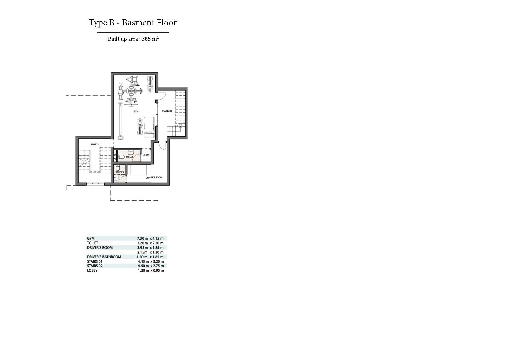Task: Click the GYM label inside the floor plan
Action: [x=136, y=112]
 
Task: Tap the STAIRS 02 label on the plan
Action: [x=167, y=111]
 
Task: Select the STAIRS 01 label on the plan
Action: [x=95, y=145]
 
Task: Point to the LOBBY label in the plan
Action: [x=146, y=155]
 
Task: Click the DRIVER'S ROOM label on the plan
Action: [x=154, y=178]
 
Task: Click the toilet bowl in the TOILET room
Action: [x=121, y=157]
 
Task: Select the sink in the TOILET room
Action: [x=131, y=152]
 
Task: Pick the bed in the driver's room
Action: [x=137, y=170]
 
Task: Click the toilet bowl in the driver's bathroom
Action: [x=118, y=167]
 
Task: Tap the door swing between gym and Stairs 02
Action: [x=161, y=96]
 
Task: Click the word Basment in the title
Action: [x=137, y=22]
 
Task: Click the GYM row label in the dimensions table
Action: [x=91, y=238]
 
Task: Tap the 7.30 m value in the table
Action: [x=142, y=238]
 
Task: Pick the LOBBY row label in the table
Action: [x=92, y=271]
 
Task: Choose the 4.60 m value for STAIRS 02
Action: [x=143, y=266]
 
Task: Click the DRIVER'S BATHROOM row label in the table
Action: [x=104, y=257]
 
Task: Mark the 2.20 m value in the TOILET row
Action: [x=158, y=243]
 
